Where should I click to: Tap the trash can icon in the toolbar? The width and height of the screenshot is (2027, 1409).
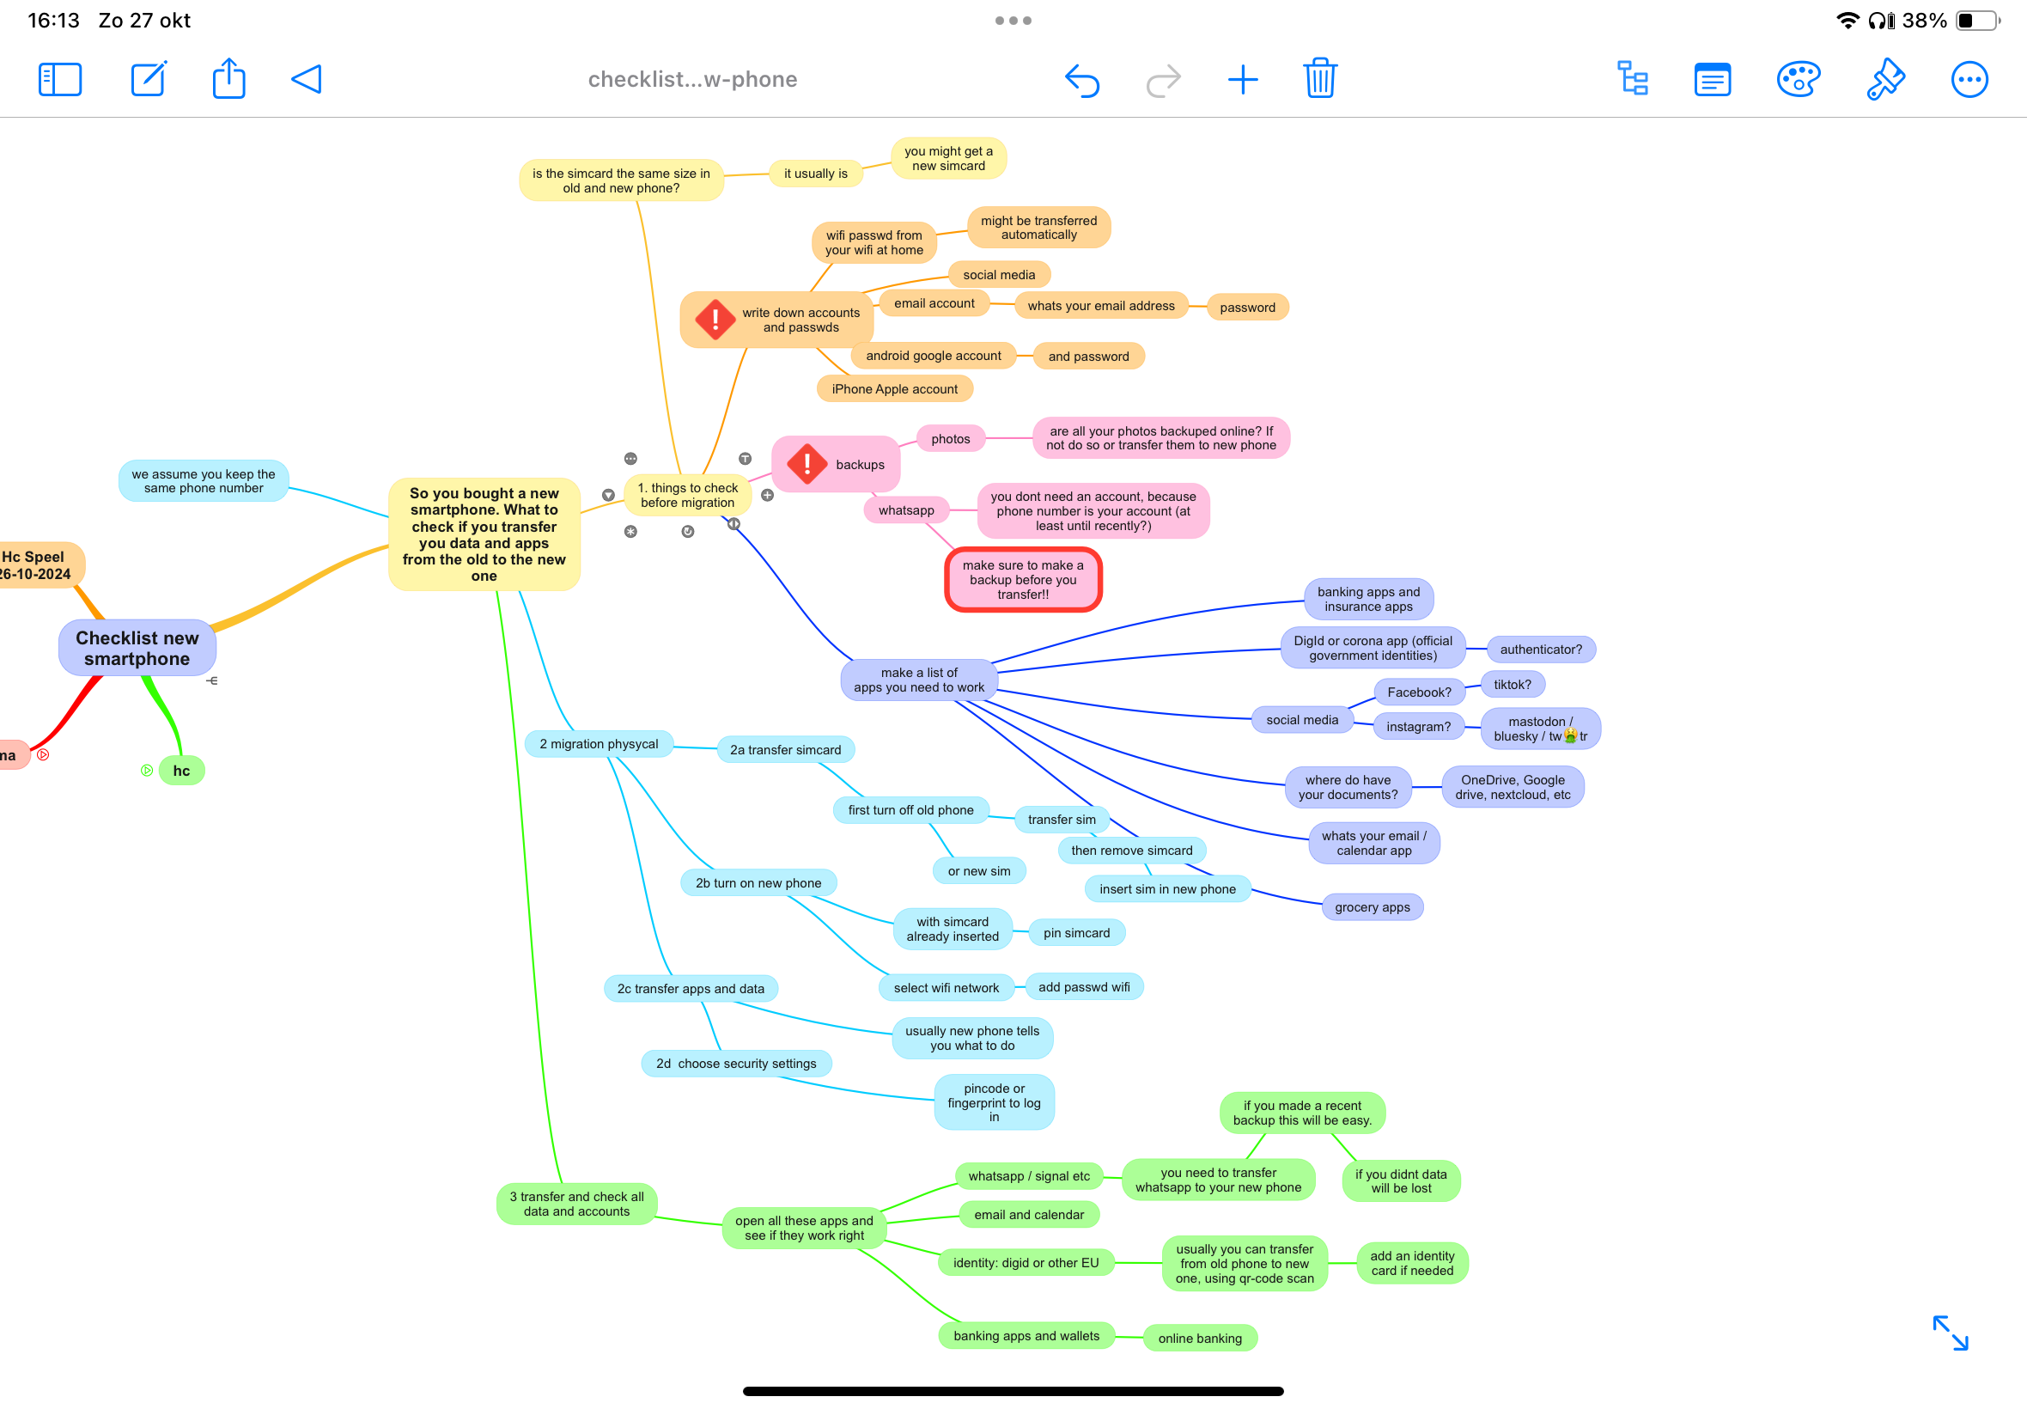1320,78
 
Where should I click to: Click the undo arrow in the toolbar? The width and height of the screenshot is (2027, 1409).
1082,81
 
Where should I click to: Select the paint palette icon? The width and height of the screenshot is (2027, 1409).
1798,79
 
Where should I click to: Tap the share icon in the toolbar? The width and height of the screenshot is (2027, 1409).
228,77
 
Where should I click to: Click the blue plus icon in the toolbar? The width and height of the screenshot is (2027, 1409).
1243,79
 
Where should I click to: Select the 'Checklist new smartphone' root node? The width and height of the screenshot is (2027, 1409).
137,648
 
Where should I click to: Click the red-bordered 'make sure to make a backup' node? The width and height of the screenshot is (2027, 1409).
1023,579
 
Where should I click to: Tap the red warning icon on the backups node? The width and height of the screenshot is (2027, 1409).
807,463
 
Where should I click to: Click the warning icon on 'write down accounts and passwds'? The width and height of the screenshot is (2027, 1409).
715,319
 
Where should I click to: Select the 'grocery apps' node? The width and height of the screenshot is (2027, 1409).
1373,906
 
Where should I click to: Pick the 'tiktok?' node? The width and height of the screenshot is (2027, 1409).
1513,684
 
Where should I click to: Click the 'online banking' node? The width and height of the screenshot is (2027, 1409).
1199,1338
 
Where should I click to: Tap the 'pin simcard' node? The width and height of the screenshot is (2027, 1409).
1076,932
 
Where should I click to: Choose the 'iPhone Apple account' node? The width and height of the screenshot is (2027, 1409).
894,388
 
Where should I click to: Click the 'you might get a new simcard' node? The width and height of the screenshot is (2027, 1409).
948,158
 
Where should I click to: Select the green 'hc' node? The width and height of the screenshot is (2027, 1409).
182,770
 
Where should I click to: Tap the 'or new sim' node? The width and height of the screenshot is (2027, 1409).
979,870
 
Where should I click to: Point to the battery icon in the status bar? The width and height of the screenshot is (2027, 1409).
1977,21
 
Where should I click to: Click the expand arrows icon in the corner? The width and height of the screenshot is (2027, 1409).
1951,1333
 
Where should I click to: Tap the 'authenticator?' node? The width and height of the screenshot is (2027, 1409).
1541,649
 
